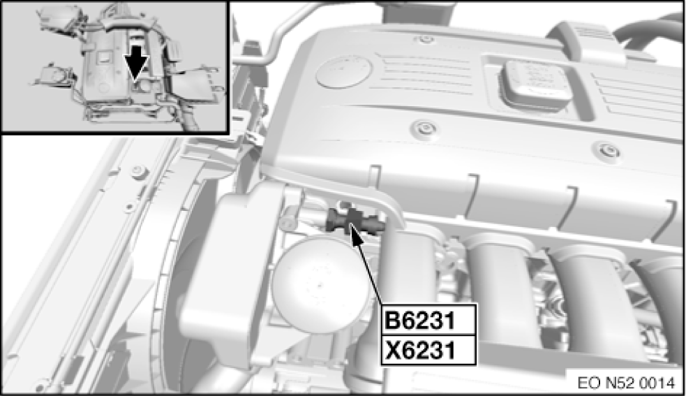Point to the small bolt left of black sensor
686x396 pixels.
[x=288, y=221]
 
